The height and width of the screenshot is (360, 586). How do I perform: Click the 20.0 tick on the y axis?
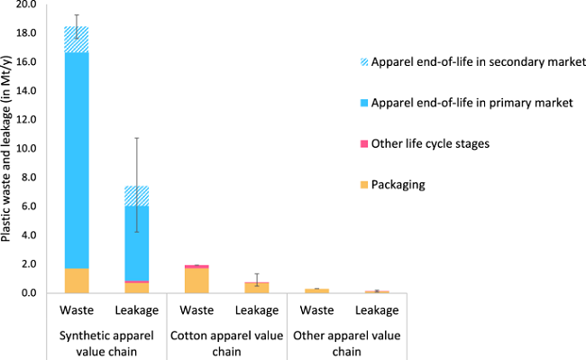[25, 5]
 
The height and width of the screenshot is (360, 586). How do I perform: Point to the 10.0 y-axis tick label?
[25, 149]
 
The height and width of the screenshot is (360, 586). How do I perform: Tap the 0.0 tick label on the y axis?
[27, 293]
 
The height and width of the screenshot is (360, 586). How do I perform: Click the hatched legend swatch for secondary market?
[364, 61]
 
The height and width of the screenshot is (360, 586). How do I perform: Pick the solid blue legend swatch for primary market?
[364, 103]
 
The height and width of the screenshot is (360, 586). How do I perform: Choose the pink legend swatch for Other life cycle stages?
[364, 143]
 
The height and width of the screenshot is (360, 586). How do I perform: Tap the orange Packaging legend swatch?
[364, 185]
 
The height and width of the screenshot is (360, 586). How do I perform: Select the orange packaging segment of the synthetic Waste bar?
[77, 281]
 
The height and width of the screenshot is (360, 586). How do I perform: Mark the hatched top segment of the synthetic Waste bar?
[77, 40]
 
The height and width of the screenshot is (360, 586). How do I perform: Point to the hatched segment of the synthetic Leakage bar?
[136, 196]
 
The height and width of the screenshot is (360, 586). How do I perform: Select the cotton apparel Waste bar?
[197, 280]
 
